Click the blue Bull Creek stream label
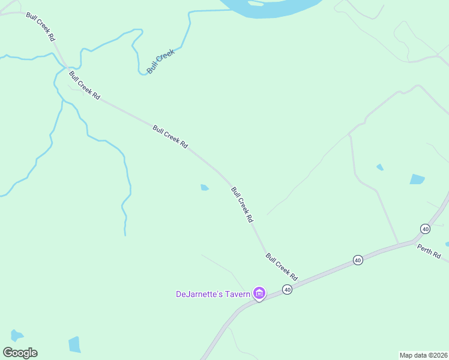160,61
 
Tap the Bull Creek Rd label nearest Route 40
282,267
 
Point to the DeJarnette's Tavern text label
213,294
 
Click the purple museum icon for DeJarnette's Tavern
259,293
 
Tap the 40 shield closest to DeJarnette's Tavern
288,290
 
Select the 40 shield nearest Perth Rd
425,229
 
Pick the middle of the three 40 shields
358,260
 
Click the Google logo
20,353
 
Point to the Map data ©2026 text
423,355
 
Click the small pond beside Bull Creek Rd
205,188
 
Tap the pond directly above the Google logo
16,335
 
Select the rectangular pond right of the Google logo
74,344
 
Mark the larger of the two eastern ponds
417,179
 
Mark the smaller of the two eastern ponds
380,167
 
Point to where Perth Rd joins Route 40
414,242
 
